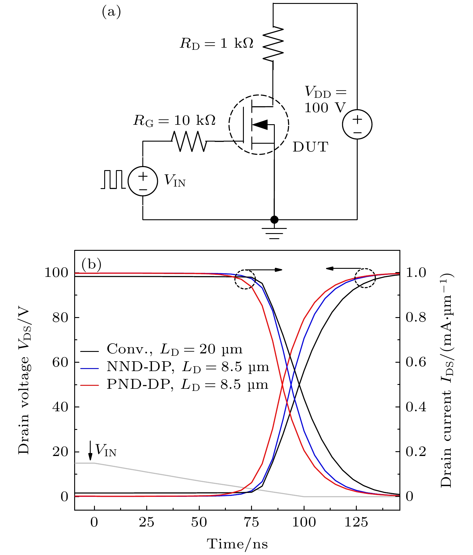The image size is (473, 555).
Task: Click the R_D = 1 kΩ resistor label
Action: (x=216, y=44)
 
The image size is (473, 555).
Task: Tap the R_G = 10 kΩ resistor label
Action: (x=174, y=121)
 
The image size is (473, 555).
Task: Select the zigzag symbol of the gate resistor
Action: (x=189, y=141)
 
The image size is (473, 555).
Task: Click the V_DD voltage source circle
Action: (x=357, y=124)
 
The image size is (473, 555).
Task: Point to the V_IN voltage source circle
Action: (x=143, y=181)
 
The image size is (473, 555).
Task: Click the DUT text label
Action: (x=311, y=147)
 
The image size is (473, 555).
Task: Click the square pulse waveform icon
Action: (x=113, y=179)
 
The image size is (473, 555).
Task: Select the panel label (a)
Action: (x=111, y=12)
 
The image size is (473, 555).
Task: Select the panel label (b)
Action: (x=91, y=264)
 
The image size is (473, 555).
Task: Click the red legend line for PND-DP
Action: (x=90, y=385)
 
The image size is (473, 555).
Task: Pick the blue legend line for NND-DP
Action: (x=90, y=368)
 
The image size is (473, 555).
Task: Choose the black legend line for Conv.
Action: (x=90, y=350)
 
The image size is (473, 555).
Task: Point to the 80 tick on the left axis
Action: (x=60, y=318)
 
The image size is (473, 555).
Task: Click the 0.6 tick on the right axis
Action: (x=416, y=362)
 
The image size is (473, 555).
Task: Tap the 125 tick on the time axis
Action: (x=356, y=523)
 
